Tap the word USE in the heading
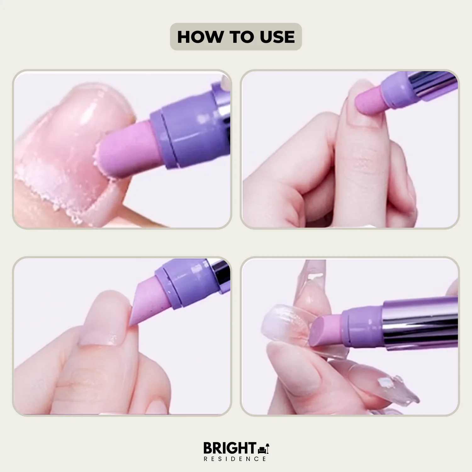point(277,37)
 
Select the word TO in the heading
point(241,37)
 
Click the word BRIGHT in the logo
point(230,448)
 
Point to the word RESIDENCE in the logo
point(235,459)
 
